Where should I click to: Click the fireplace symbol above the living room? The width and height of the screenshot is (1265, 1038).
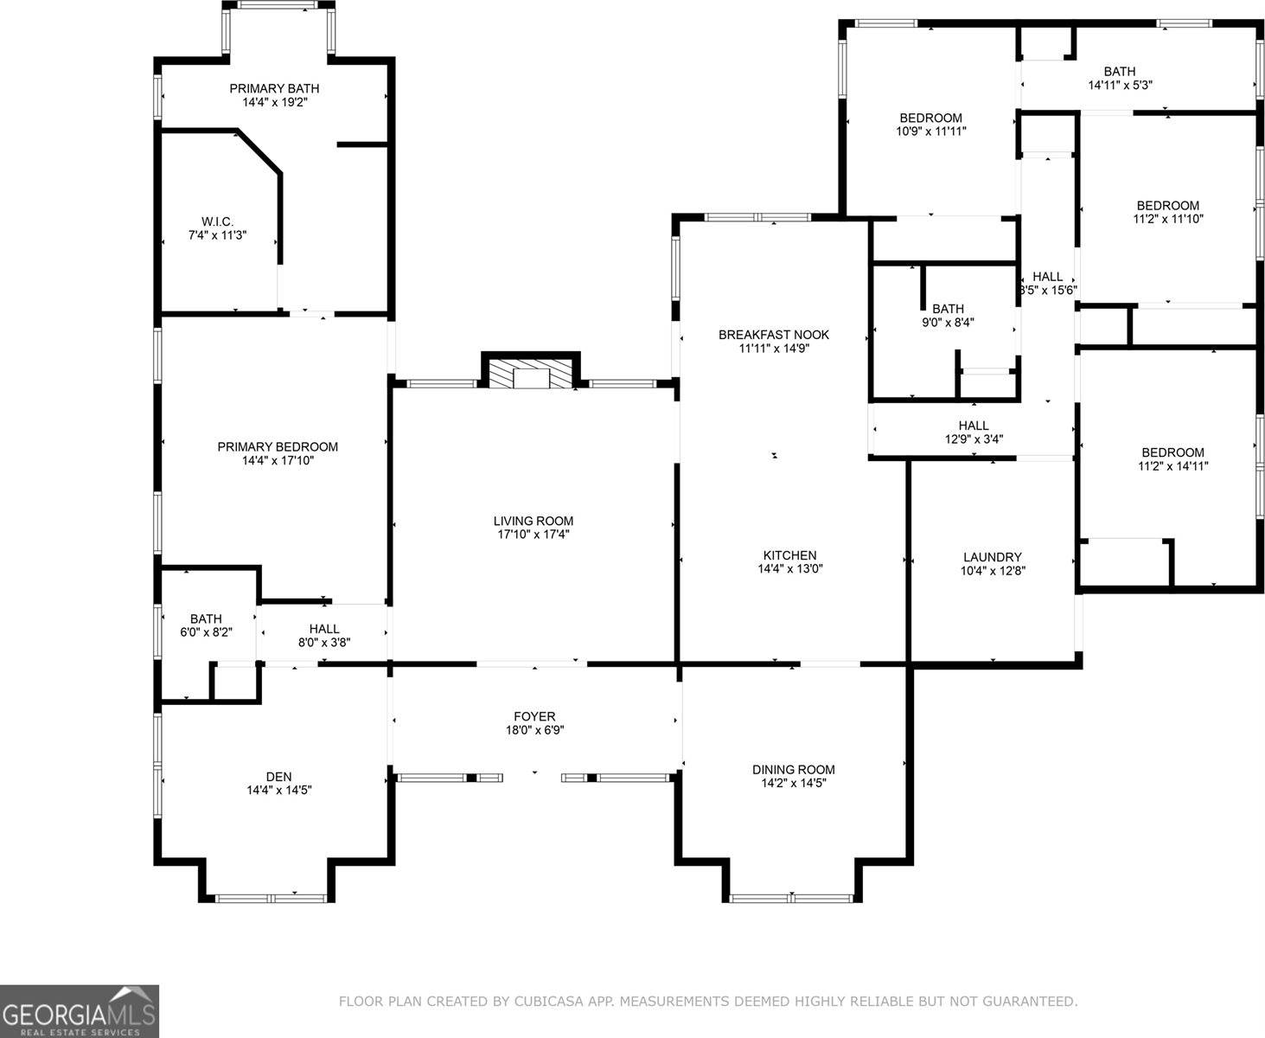coord(530,375)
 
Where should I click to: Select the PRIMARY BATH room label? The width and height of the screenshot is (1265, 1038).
coord(274,88)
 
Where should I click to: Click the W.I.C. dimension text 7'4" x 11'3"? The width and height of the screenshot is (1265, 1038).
coord(218,234)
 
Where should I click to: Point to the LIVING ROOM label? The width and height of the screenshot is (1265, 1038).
coord(533,521)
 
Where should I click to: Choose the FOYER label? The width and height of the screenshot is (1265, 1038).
coord(534,716)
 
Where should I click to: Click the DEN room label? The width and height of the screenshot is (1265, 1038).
coord(278,776)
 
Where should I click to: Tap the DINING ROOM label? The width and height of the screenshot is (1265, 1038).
coord(793,769)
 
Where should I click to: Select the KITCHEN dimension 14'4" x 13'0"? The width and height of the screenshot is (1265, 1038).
coord(789,569)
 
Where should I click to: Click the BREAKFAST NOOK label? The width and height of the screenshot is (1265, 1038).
coord(774,335)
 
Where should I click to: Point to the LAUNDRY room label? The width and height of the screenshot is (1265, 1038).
coord(993,557)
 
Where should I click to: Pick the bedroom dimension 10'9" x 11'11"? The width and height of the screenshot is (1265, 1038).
coord(931,131)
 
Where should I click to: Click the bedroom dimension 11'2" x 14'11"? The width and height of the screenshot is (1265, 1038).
coord(1172,466)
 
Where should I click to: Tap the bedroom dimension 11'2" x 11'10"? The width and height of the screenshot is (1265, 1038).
coord(1168,219)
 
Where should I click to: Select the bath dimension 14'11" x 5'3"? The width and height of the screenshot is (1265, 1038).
coord(1120,86)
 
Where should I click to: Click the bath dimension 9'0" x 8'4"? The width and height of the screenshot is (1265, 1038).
coord(948,323)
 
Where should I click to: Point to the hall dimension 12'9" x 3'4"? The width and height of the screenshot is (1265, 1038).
coord(974,439)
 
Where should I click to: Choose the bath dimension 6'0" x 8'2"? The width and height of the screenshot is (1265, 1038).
coord(206,632)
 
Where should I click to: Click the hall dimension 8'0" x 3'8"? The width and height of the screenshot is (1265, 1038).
coord(324,642)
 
